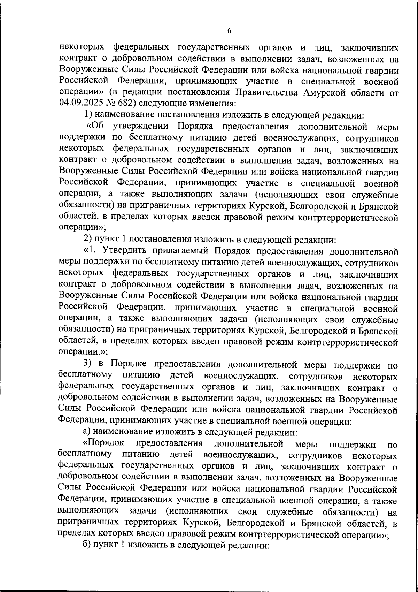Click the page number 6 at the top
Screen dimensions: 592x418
[x=229, y=31]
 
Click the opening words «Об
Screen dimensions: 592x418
[x=95, y=126]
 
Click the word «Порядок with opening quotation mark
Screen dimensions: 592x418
[x=104, y=443]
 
